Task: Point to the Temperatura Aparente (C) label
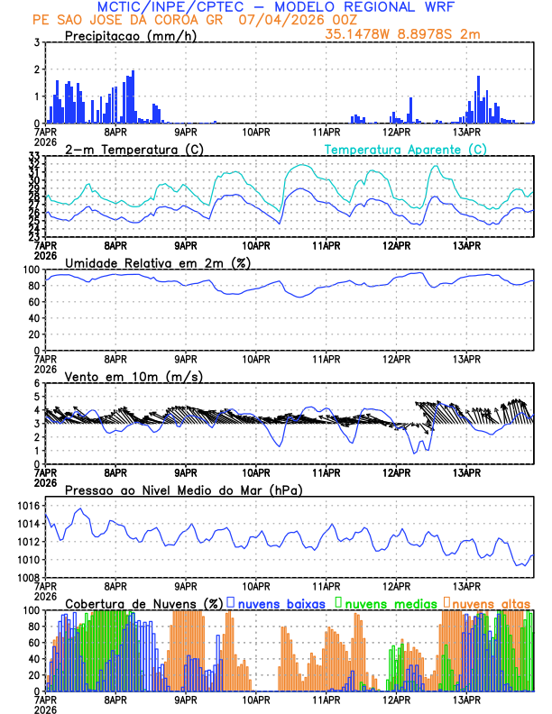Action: (405, 149)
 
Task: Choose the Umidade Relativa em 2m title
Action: (158, 262)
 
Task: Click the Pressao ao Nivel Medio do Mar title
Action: (183, 490)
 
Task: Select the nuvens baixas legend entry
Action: (281, 603)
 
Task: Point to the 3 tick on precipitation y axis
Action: (36, 42)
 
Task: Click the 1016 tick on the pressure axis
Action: (28, 506)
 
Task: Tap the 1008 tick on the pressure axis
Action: (28, 577)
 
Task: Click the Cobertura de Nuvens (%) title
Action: (143, 603)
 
